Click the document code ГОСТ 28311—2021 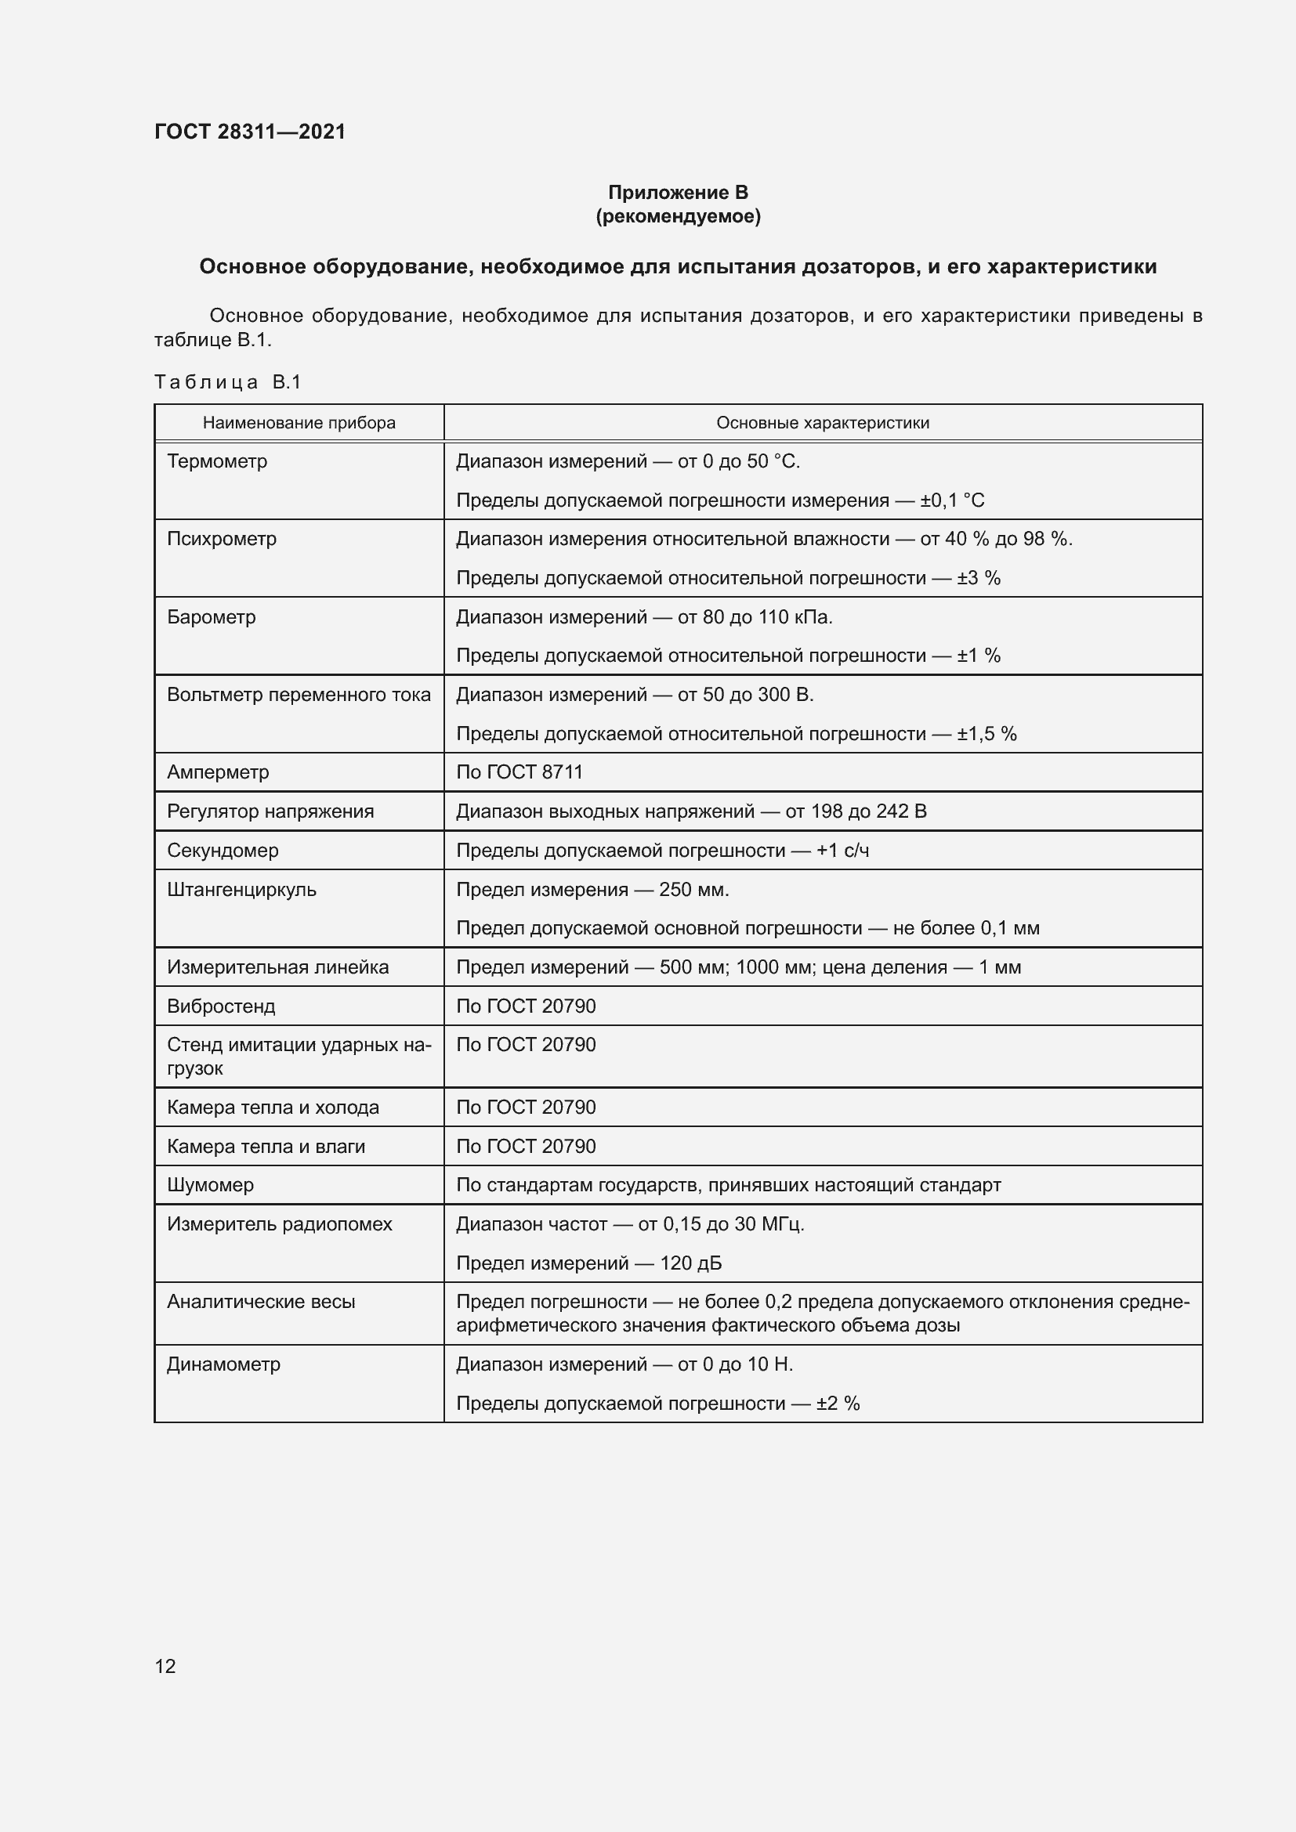[x=250, y=132]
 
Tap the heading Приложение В [x=678, y=193]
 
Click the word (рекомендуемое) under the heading [x=678, y=216]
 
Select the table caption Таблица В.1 [x=227, y=382]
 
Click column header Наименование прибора [x=299, y=423]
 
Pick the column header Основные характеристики [x=822, y=423]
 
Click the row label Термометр [x=217, y=461]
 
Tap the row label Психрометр [x=222, y=539]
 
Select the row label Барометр [x=212, y=616]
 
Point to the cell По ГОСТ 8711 [x=519, y=772]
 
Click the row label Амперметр [x=218, y=772]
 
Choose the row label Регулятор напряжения [x=270, y=811]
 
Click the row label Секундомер [x=223, y=851]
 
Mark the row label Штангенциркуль [x=242, y=890]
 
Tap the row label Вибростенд [x=221, y=1006]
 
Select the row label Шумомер [x=210, y=1185]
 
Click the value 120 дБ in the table [x=690, y=1263]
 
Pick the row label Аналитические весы [x=261, y=1302]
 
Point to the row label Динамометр [x=223, y=1364]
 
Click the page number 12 [x=165, y=1666]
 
